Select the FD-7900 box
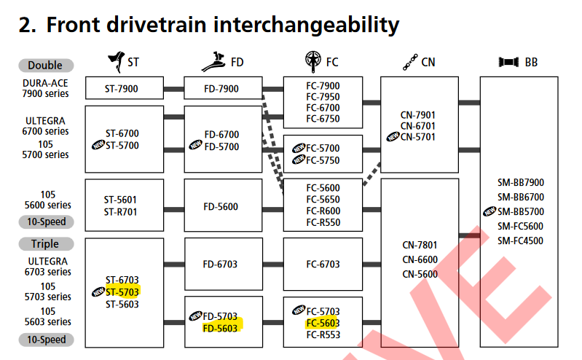pyautogui.click(x=222, y=88)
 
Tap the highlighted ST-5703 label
pyautogui.click(x=122, y=291)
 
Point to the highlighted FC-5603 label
pyautogui.click(x=323, y=323)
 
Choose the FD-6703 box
pyautogui.click(x=222, y=265)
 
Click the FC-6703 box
pyautogui.click(x=323, y=265)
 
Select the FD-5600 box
pyautogui.click(x=222, y=206)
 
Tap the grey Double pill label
pyautogui.click(x=46, y=65)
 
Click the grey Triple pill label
pyautogui.click(x=44, y=243)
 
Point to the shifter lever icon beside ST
pyautogui.click(x=115, y=61)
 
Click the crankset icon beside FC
pyautogui.click(x=313, y=61)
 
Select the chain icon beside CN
pyautogui.click(x=409, y=62)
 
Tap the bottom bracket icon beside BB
pyautogui.click(x=508, y=62)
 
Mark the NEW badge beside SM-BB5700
pyautogui.click(x=490, y=211)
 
